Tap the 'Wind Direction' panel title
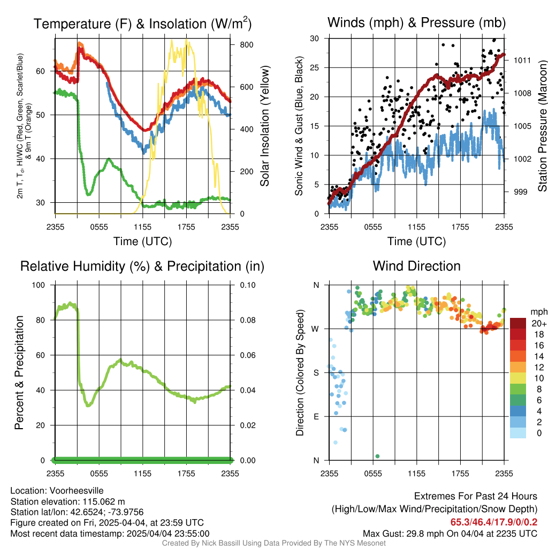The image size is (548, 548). tap(416, 266)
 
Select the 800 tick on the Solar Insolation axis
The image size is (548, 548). tap(247, 45)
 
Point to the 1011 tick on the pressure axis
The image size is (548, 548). tap(522, 60)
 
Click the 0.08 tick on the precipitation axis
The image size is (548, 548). tap(248, 320)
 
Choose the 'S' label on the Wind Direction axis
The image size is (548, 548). tap(316, 372)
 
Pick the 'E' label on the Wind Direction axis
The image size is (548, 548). tap(316, 416)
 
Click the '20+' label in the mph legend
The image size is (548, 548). tap(539, 323)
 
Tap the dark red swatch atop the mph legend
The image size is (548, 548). tap(518, 323)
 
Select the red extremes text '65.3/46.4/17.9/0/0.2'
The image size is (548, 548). tap(494, 522)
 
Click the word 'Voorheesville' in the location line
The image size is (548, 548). tap(77, 491)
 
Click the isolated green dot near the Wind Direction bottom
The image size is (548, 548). tap(377, 456)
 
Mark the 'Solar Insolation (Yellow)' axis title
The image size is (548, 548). tap(265, 126)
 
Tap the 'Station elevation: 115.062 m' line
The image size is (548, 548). tap(67, 501)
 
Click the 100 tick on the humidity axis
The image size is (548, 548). tap(39, 285)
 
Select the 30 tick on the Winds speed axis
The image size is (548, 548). tap(315, 39)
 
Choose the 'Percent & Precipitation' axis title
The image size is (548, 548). tap(19, 372)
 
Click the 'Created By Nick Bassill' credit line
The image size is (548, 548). tap(273, 543)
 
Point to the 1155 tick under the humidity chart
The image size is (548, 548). tap(142, 474)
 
